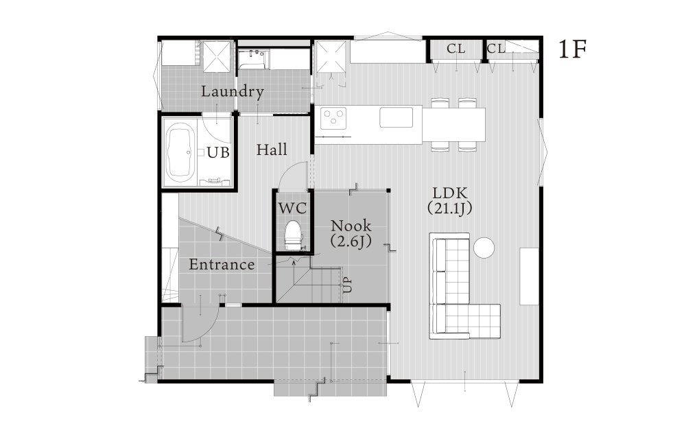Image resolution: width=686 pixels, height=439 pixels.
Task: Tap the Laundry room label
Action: (x=233, y=91)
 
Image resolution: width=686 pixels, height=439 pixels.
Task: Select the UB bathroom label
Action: (x=218, y=152)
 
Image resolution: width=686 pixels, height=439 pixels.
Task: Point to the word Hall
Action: (x=272, y=150)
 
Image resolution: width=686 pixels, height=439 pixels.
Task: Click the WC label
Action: (x=293, y=208)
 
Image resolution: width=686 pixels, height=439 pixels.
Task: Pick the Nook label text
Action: (x=351, y=226)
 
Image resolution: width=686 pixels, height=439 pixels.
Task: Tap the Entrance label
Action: (x=222, y=265)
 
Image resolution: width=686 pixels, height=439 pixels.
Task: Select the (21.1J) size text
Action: (x=450, y=209)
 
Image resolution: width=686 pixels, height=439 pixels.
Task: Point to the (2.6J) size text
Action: (x=351, y=241)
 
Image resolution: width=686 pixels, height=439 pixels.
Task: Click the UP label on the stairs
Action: (x=348, y=285)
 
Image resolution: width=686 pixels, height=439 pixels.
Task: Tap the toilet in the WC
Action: (x=293, y=235)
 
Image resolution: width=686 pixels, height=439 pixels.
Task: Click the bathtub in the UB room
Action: (x=180, y=152)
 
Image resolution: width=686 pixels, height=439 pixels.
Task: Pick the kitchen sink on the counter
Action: (x=397, y=117)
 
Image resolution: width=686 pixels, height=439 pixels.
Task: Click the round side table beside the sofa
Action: (x=484, y=248)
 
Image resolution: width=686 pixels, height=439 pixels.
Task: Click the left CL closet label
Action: (x=456, y=49)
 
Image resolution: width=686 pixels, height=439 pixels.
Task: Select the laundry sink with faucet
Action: (x=254, y=59)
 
